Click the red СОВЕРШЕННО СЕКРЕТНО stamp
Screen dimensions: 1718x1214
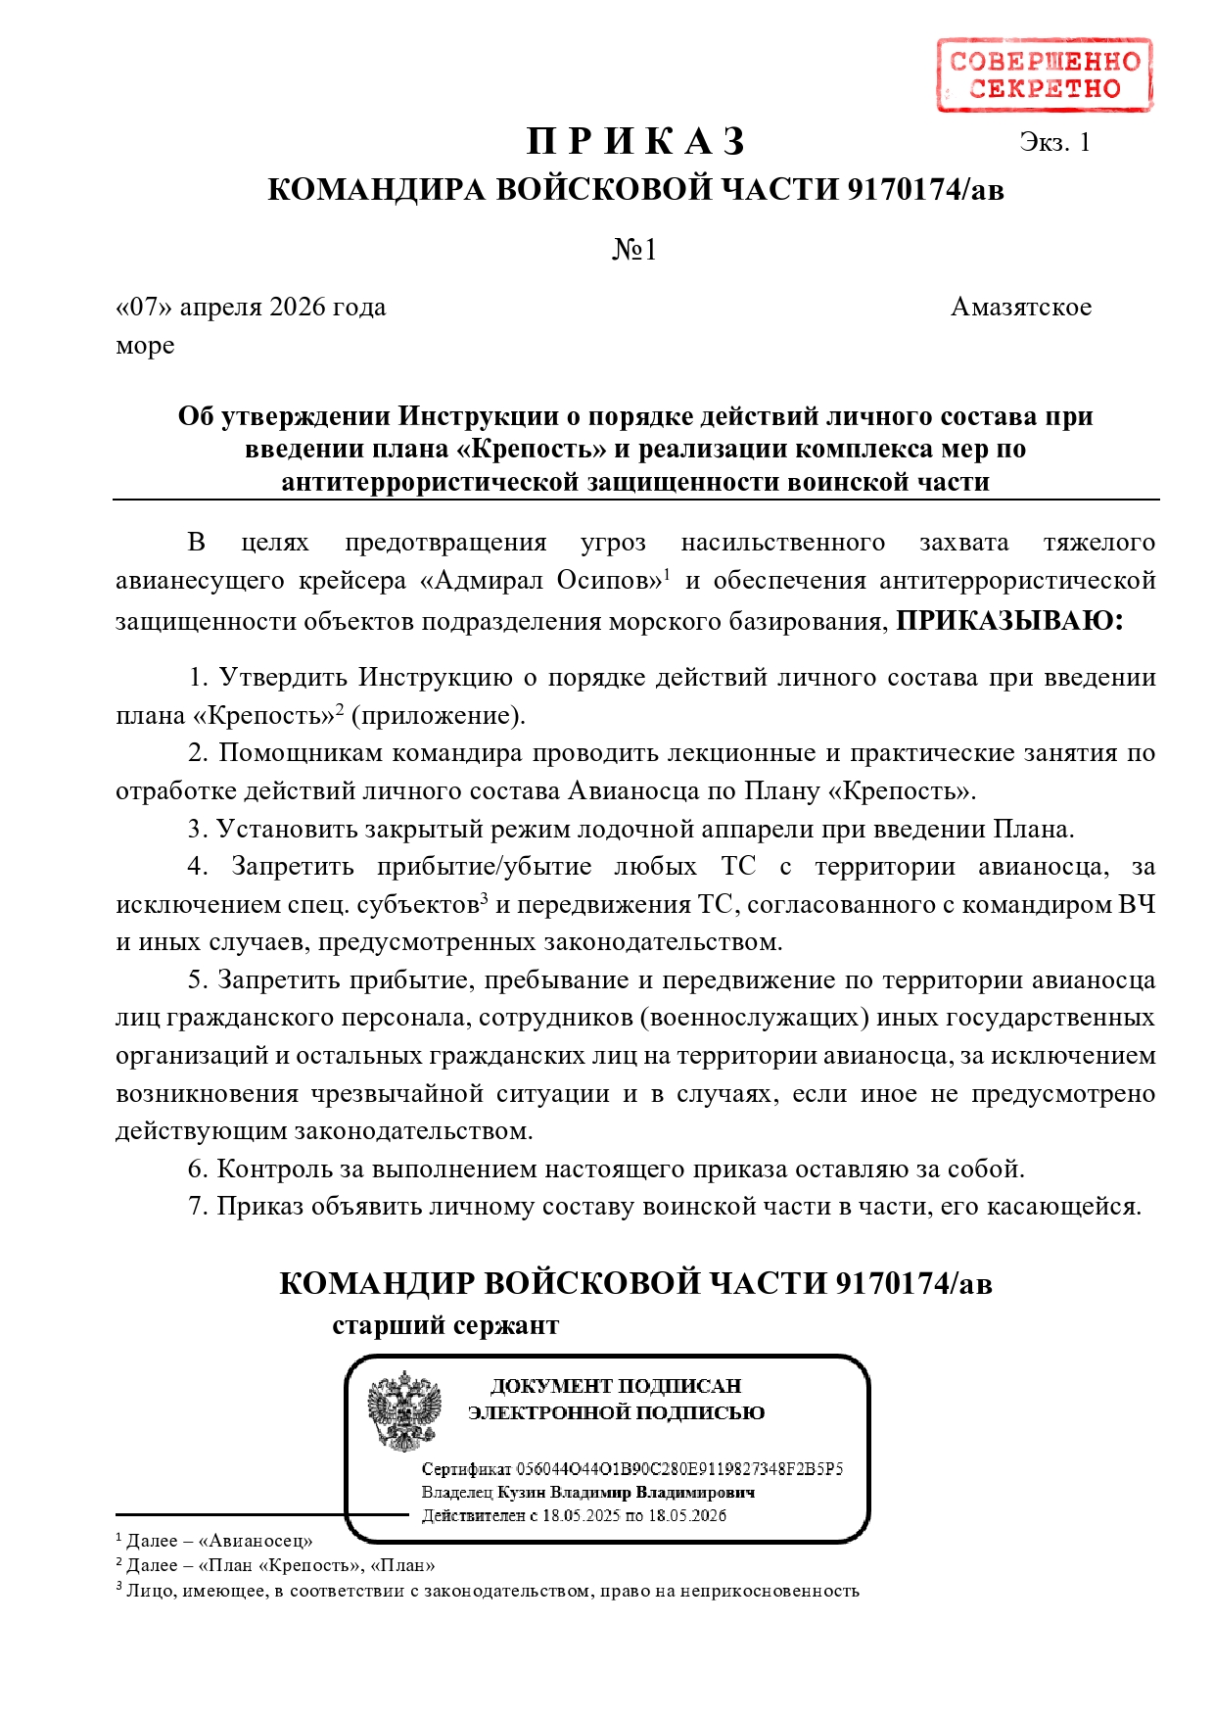[x=1044, y=75]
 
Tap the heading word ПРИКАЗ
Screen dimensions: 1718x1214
[x=636, y=142]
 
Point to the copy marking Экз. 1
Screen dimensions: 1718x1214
[x=1054, y=143]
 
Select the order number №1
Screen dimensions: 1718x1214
[x=634, y=251]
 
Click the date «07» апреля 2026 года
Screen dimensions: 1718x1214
[x=252, y=308]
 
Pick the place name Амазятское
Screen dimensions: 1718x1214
[x=1020, y=308]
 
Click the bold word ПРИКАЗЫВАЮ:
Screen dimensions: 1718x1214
[x=1009, y=621]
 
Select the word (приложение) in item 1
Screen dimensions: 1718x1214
[x=438, y=716]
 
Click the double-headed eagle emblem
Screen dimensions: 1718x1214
[x=404, y=1411]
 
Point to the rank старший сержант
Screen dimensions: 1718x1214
[x=445, y=1326]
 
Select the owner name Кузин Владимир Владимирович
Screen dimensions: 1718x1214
[x=626, y=1493]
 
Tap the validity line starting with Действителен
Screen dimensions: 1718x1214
[x=574, y=1516]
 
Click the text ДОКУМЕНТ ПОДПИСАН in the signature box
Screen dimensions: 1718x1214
[x=616, y=1386]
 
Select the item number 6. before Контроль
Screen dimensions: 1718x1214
[x=199, y=1169]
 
